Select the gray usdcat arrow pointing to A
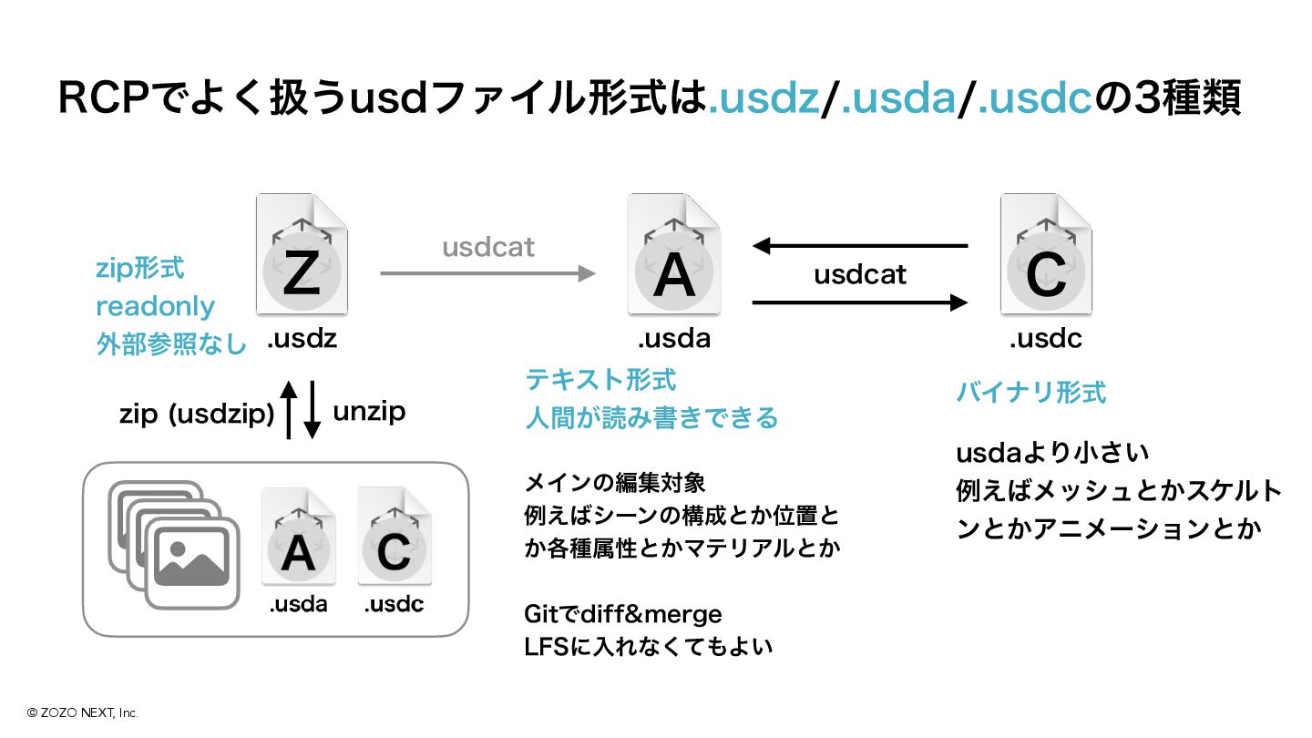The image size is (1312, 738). point(487,272)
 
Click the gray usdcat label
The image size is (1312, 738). point(488,247)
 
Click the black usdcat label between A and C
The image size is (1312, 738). point(860,274)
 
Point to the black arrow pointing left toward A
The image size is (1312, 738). point(860,245)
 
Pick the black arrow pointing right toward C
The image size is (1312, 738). point(860,302)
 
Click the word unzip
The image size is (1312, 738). point(369,412)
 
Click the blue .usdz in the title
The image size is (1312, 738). point(764,98)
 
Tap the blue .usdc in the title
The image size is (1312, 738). point(1035,98)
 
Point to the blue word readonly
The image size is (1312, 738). point(155,306)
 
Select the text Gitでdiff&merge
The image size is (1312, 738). point(623,614)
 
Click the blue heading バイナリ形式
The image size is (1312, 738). point(1030,393)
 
